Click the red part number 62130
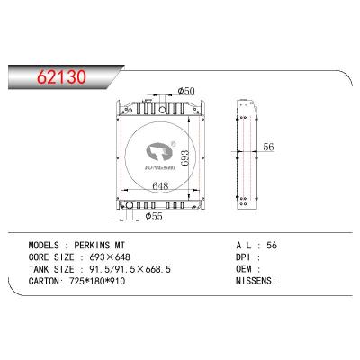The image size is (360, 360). [x=61, y=76]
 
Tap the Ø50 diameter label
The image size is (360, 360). [x=186, y=91]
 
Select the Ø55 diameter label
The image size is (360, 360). [x=154, y=216]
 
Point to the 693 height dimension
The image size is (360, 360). [x=184, y=157]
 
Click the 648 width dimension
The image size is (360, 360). [x=160, y=186]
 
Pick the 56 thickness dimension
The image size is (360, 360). [x=268, y=147]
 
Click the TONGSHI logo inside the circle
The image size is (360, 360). [x=161, y=156]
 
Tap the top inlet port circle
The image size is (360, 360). [x=163, y=110]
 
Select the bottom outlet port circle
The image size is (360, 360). [x=130, y=205]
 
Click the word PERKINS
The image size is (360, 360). [x=92, y=246]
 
